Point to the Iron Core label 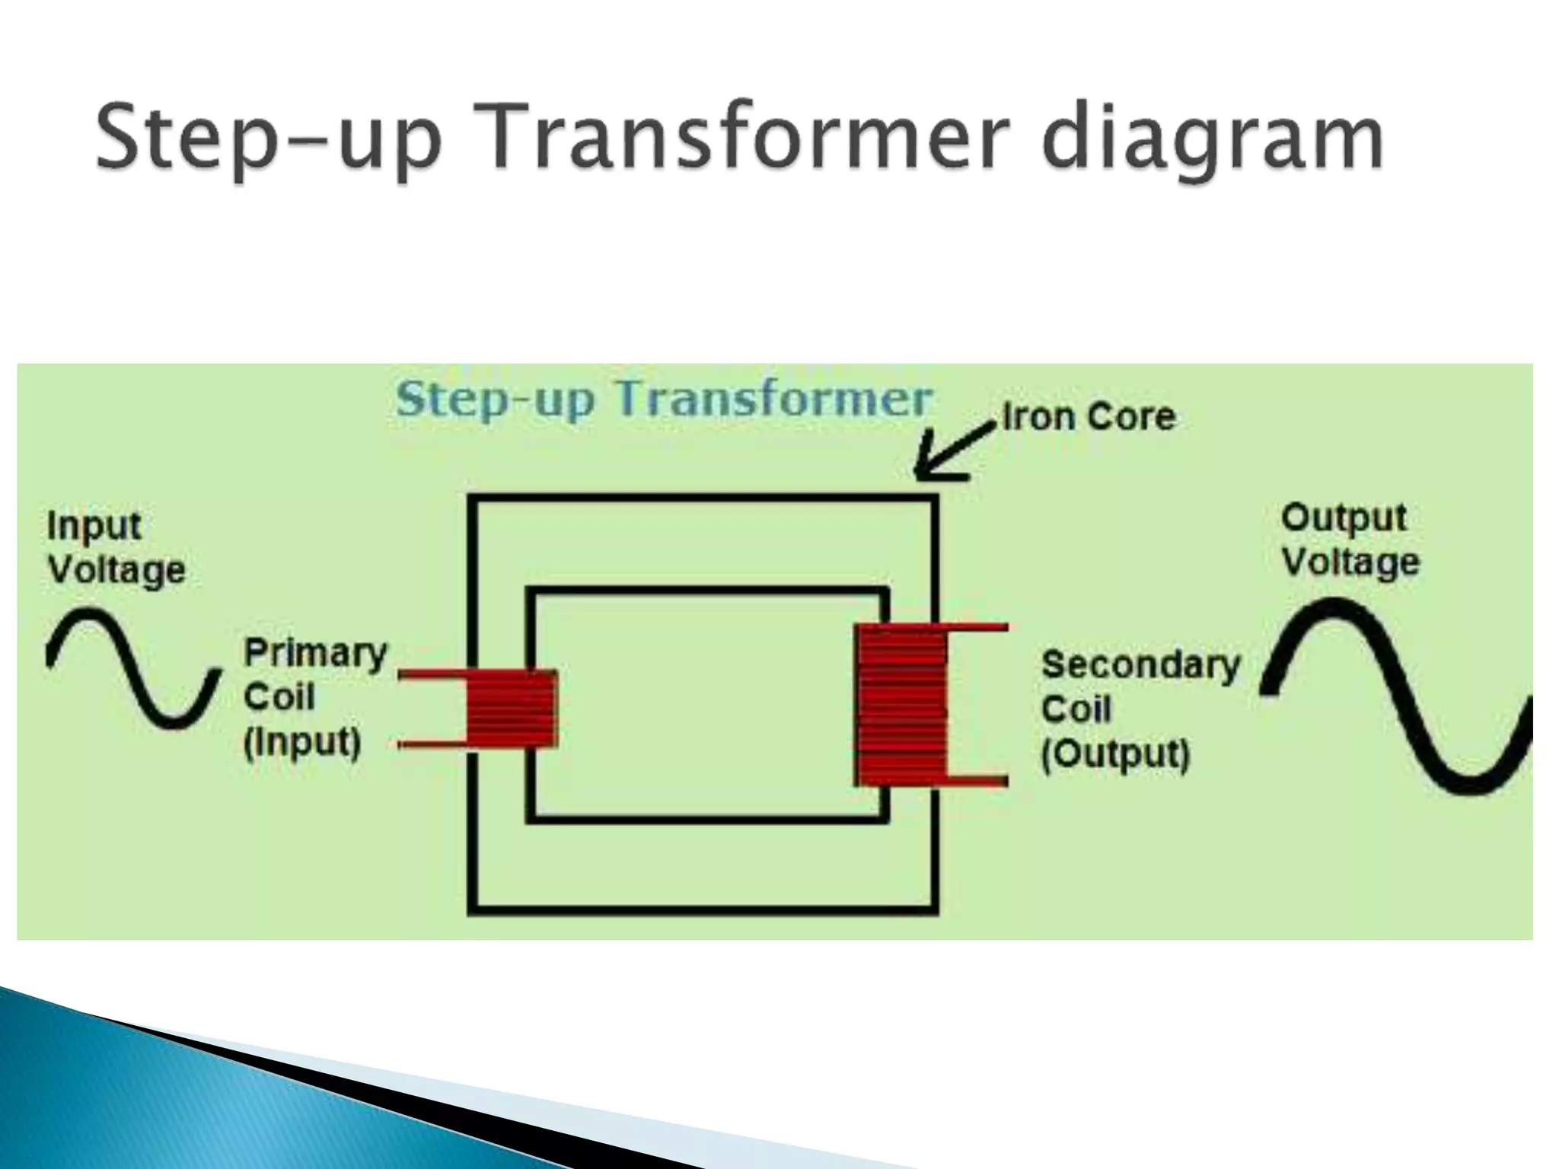[x=1089, y=417]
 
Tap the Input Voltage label [x=116, y=548]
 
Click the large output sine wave [x=1397, y=696]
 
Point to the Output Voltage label [x=1350, y=540]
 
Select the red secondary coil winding [x=901, y=705]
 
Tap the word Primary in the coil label [x=315, y=653]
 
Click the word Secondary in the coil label [x=1140, y=665]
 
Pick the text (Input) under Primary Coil [x=301, y=743]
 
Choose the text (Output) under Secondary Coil [x=1114, y=755]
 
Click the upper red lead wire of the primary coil [x=431, y=675]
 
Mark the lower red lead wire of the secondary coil [x=977, y=781]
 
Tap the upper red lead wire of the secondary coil [x=977, y=628]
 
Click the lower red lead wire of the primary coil [x=431, y=745]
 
